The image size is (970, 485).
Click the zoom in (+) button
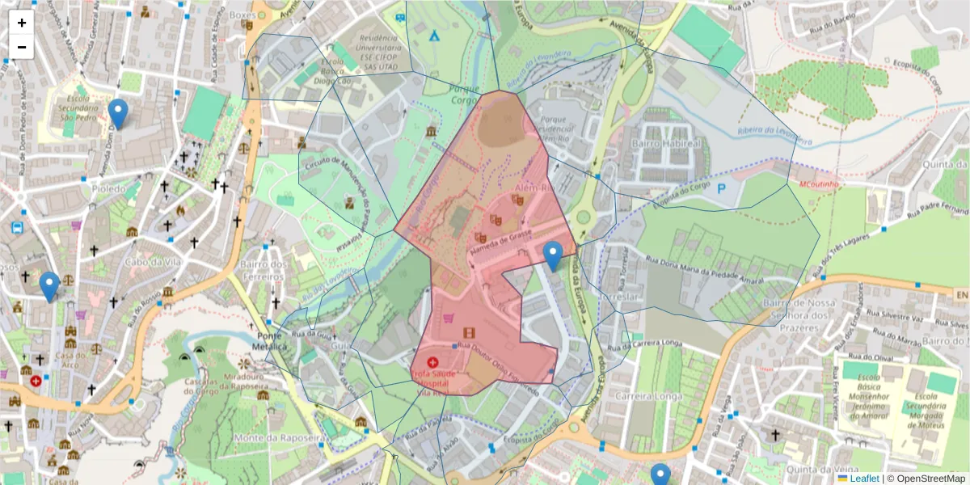tap(22, 23)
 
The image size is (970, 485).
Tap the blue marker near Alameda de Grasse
tap(553, 255)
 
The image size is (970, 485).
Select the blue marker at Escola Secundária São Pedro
tap(118, 114)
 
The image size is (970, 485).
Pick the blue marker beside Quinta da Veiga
tap(660, 475)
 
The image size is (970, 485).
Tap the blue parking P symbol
tap(722, 188)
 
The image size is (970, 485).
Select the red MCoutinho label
tap(820, 183)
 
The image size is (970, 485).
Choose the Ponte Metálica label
tap(272, 341)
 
